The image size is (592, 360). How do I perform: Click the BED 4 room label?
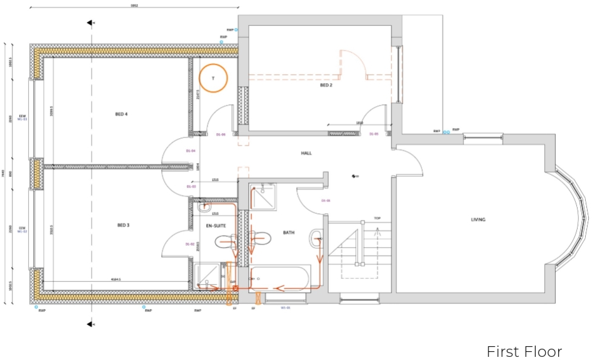point(122,114)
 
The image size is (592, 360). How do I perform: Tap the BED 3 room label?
point(123,225)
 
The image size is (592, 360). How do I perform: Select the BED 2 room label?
point(326,86)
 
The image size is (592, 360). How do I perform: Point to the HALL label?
point(306,153)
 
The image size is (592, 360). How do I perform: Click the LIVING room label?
point(478,219)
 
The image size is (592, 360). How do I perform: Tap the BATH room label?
point(288,232)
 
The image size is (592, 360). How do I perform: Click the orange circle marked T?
point(213,77)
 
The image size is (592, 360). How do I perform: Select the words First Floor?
point(524,351)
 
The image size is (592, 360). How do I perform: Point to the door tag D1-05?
point(374,134)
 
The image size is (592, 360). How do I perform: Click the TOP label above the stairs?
point(377,218)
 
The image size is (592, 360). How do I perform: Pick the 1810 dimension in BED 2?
point(360,123)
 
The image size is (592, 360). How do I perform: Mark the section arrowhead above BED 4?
point(91,23)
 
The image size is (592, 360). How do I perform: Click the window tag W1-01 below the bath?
point(285,307)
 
